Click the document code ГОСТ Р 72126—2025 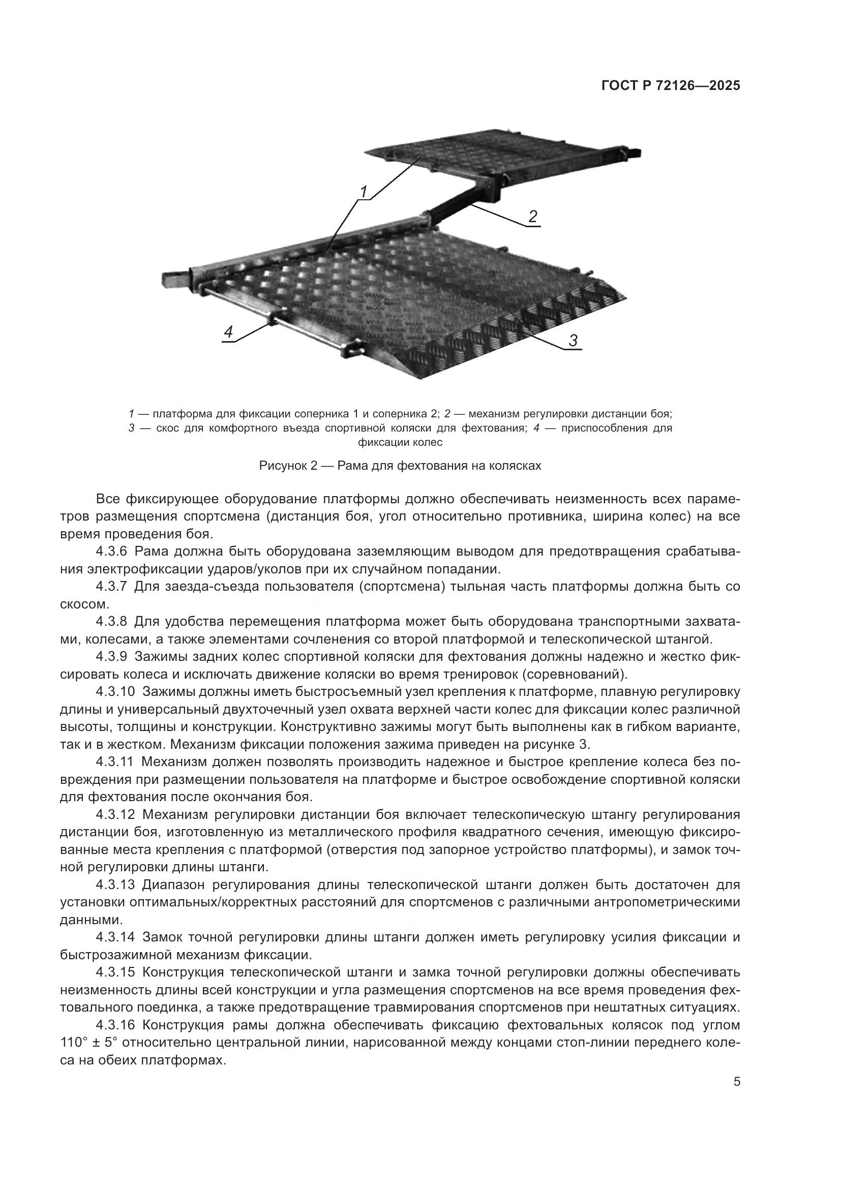671,86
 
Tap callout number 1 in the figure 364,192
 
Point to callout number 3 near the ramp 573,341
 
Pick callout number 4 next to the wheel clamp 228,332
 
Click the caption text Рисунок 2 287,466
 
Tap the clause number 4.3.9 111,657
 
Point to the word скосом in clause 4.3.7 77,604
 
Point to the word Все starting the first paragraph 108,499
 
